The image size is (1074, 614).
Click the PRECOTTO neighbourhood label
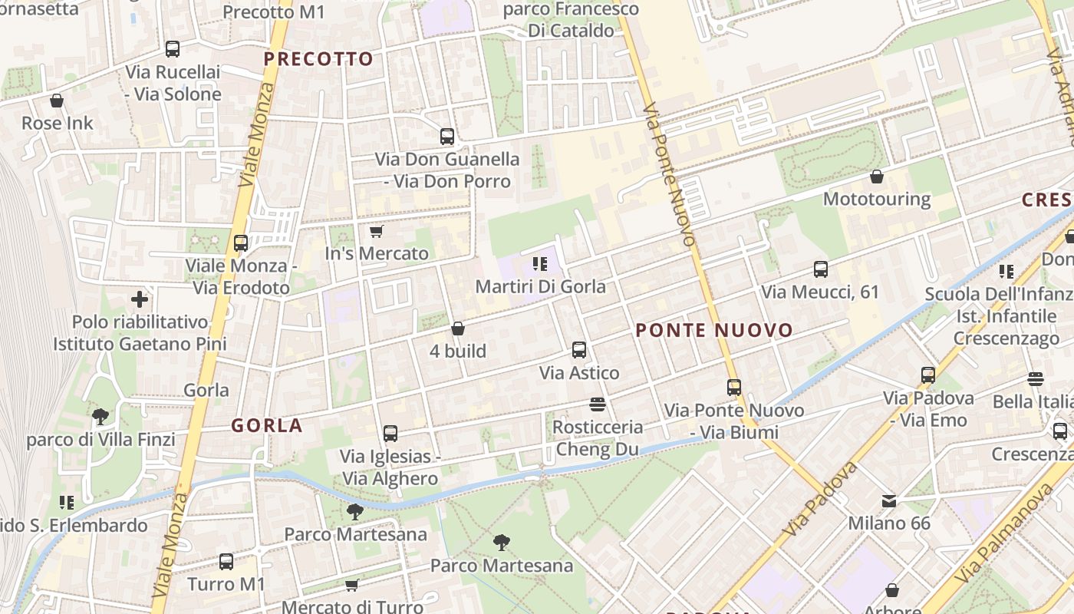tap(318, 59)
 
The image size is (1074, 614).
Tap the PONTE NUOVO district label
tap(714, 331)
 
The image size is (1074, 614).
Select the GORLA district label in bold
tap(267, 426)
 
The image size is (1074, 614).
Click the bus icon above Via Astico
tap(579, 350)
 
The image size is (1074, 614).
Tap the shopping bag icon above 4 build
tap(458, 328)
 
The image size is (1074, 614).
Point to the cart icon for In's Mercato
tap(376, 231)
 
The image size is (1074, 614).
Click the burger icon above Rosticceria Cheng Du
tap(598, 404)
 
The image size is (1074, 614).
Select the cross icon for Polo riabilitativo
tap(140, 299)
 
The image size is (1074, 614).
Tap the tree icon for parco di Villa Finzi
tap(100, 417)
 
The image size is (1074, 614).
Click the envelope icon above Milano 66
tap(888, 501)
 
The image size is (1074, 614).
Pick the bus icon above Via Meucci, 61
tap(820, 269)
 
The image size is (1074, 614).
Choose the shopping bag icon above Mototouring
tap(877, 177)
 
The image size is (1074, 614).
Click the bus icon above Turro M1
tap(226, 561)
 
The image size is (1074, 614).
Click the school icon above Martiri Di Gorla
tap(540, 264)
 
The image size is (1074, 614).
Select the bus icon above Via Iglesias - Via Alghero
tap(390, 434)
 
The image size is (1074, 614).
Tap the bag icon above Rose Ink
tap(57, 101)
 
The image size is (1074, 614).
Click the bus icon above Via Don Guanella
tap(447, 137)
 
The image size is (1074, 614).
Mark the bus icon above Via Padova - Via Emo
tap(928, 375)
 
